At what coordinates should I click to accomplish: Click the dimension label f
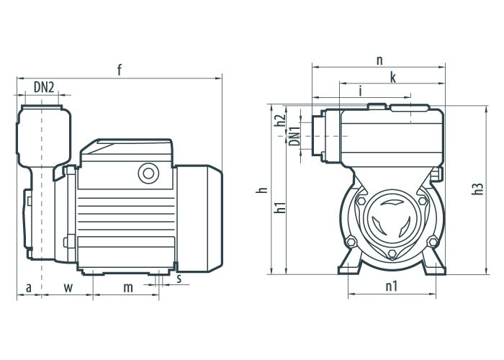[x=120, y=70]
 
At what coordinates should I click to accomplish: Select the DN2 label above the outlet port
[x=44, y=87]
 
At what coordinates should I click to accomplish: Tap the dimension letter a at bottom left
[x=29, y=288]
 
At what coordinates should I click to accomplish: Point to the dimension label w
[x=68, y=288]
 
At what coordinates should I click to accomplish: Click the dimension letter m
[x=128, y=288]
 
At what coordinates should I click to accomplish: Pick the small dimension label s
[x=179, y=279]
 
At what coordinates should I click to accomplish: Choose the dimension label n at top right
[x=379, y=60]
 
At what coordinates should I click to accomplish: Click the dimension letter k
[x=393, y=78]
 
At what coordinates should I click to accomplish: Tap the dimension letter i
[x=361, y=91]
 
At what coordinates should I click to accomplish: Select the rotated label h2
[x=281, y=121]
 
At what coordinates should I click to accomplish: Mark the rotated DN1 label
[x=294, y=136]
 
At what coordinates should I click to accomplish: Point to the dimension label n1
[x=392, y=286]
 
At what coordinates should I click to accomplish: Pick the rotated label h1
[x=281, y=207]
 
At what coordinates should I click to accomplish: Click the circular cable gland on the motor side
[x=148, y=174]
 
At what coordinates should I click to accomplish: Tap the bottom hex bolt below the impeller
[x=392, y=253]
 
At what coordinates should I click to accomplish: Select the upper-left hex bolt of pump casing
[x=361, y=201]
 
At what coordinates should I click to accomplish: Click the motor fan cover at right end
[x=199, y=219]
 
